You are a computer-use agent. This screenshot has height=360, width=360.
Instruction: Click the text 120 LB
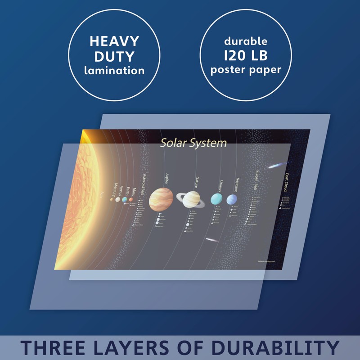coord(246,56)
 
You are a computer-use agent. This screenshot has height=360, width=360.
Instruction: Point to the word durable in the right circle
coord(246,41)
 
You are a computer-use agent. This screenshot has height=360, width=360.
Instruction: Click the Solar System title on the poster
coord(193,143)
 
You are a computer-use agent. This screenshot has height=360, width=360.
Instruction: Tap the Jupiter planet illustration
coord(161,199)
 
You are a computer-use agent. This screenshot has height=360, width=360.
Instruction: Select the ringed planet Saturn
coord(191,199)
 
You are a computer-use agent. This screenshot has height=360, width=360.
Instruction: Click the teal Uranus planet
coord(216,199)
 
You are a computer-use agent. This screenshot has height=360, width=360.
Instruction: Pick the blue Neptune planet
coord(232,199)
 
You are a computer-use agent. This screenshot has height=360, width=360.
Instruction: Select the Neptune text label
coord(238,185)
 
